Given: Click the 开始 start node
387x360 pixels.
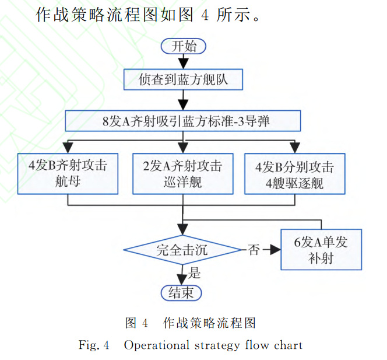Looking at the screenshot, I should pos(184,46).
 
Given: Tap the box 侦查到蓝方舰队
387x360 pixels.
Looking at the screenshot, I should pos(183,80).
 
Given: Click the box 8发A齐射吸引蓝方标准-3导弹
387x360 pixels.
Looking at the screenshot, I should pos(183,122).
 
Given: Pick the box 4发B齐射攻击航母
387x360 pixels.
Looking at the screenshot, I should pos(68,173).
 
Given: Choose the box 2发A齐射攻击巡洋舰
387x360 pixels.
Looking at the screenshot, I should pos(183,173).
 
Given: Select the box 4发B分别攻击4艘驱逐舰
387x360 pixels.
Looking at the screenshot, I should pos(294,173).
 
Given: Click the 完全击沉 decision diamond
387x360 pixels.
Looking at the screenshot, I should pos(182,250).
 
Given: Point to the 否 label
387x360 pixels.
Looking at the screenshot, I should pos(253,250).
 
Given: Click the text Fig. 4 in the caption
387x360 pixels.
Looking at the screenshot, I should pos(94,345).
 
